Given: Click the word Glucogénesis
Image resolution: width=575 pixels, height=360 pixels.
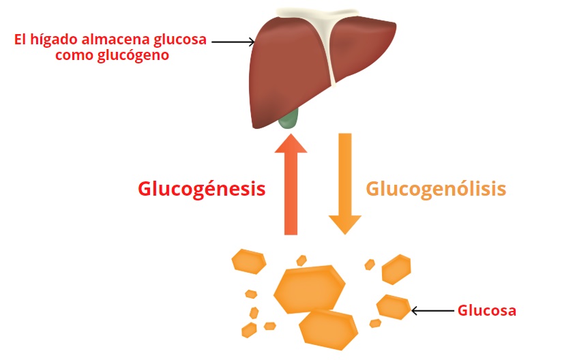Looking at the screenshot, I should click(x=201, y=189).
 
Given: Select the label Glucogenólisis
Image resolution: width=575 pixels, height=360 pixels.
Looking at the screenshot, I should click(x=436, y=189).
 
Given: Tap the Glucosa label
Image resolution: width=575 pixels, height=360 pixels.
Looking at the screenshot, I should click(x=486, y=311).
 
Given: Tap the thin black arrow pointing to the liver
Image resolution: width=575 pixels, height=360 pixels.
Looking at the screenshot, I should click(x=233, y=42).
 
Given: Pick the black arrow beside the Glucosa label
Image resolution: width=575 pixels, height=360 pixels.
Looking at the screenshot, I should click(x=432, y=311).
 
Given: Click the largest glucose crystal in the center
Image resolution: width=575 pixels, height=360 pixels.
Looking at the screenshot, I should click(x=309, y=289).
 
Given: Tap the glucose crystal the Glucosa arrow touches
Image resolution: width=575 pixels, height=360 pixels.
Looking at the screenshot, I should click(x=394, y=307).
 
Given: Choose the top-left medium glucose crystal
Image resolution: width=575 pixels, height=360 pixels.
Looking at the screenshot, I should click(x=249, y=261).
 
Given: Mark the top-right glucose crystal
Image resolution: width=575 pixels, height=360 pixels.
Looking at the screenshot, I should click(x=396, y=269).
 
